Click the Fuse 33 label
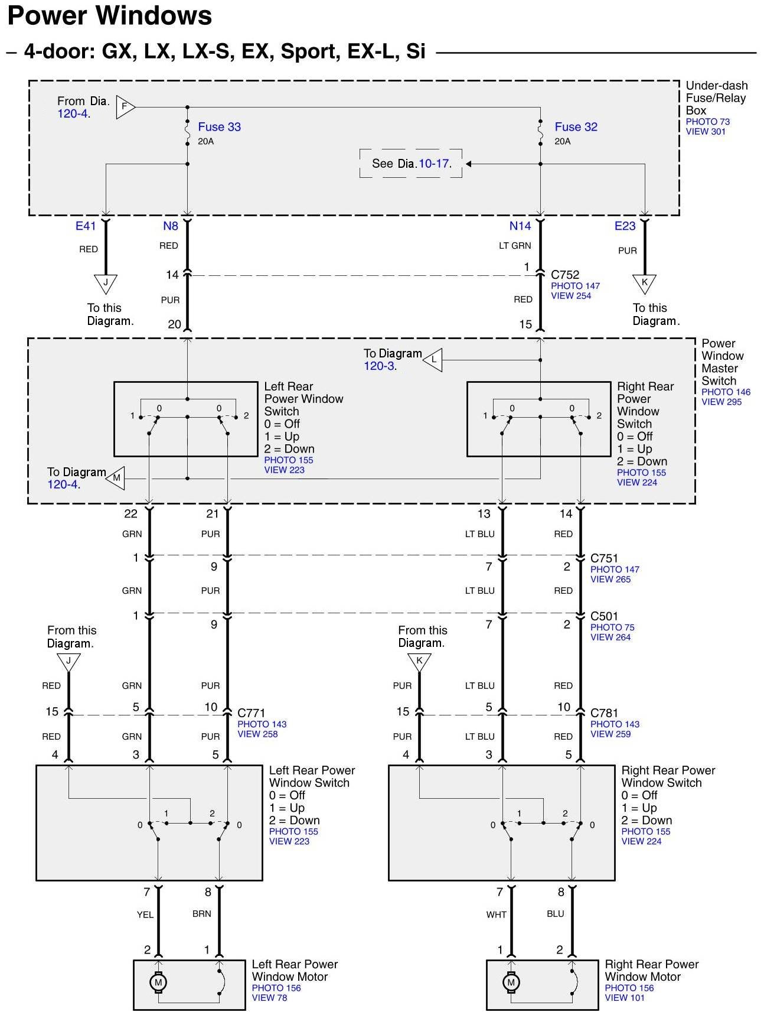(x=219, y=127)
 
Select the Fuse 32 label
(x=576, y=127)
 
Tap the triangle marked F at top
(x=125, y=107)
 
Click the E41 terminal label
(x=86, y=226)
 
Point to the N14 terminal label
(x=520, y=226)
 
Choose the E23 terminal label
(x=625, y=226)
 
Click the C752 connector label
(x=565, y=275)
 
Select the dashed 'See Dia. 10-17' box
(x=411, y=164)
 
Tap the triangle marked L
(x=433, y=360)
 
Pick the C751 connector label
(x=604, y=558)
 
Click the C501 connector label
(x=604, y=616)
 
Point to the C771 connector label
(x=252, y=713)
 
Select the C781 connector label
(x=605, y=713)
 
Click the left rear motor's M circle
(x=158, y=983)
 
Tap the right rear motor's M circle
(x=511, y=983)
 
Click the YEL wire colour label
(x=145, y=915)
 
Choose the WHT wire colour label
(x=497, y=915)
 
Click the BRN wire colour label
(x=202, y=913)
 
